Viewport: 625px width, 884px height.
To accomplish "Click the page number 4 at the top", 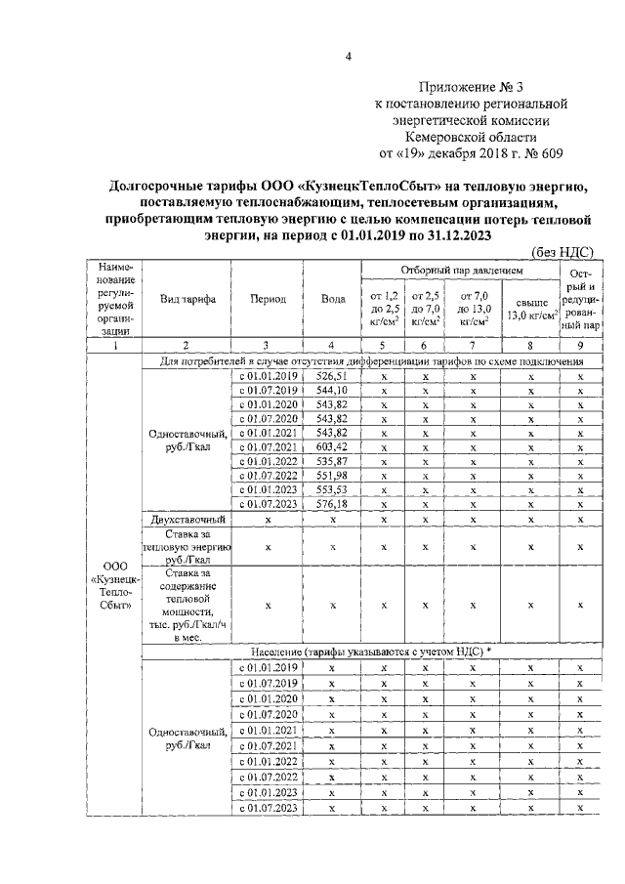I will pyautogui.click(x=349, y=55).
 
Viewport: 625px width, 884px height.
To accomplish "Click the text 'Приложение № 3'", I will pyautogui.click(x=471, y=86).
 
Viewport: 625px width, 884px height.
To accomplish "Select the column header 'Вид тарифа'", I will pyautogui.click(x=187, y=299).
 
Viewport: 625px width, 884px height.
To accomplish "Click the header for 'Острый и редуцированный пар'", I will pyautogui.click(x=577, y=298).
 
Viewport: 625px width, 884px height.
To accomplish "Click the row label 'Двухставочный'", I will pyautogui.click(x=187, y=519).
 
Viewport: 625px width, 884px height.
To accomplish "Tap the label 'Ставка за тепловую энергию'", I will pyautogui.click(x=187, y=548).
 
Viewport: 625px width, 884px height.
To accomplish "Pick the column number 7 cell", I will pyautogui.click(x=473, y=344).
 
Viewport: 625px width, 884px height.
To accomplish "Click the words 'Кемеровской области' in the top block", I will pyautogui.click(x=471, y=137).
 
